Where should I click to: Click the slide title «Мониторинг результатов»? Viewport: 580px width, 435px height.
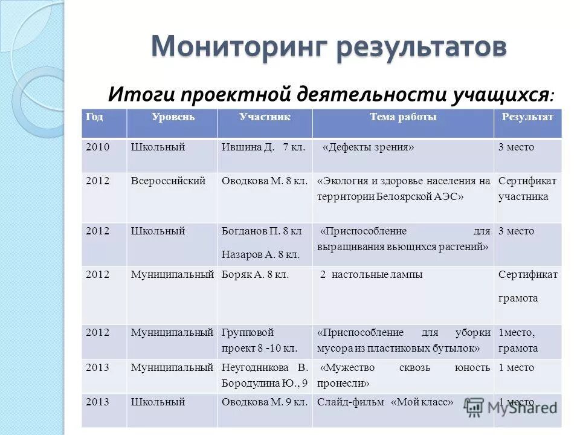click(x=329, y=47)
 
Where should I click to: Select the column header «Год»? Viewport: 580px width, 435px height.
click(x=94, y=117)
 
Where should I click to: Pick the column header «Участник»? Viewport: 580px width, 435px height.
click(x=265, y=117)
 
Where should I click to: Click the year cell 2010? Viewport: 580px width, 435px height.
click(x=98, y=147)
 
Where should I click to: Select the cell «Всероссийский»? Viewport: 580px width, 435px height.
click(x=169, y=181)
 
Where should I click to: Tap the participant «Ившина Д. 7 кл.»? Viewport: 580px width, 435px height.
click(x=263, y=147)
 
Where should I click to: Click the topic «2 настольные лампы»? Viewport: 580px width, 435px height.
click(x=371, y=275)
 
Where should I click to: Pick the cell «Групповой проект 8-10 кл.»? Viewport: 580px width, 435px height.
click(x=259, y=340)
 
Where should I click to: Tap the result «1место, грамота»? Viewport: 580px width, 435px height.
click(x=518, y=340)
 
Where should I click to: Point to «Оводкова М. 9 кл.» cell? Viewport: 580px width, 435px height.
click(x=265, y=402)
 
